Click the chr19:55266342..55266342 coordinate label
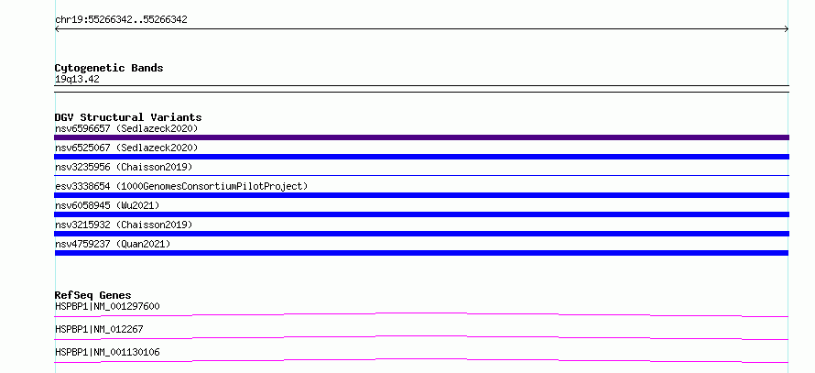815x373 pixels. click(121, 20)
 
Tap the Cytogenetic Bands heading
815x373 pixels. click(109, 68)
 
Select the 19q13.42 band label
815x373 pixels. click(77, 80)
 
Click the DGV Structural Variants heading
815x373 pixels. click(128, 117)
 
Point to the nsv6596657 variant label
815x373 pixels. click(82, 128)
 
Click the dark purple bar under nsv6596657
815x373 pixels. click(421, 137)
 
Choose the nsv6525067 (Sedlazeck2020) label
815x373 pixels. click(126, 148)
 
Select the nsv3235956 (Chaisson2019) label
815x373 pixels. click(124, 167)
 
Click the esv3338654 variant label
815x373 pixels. click(82, 186)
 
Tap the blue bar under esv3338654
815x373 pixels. click(421, 195)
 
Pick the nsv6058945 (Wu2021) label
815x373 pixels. click(107, 205)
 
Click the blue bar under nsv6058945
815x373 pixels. click(421, 214)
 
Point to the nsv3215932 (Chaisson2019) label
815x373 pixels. click(124, 225)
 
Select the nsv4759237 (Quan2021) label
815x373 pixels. click(113, 244)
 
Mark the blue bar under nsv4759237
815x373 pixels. click(421, 253)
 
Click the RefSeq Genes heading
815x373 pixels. click(93, 295)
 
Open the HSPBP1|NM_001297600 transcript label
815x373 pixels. click(107, 306)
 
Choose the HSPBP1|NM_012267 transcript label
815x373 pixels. click(99, 329)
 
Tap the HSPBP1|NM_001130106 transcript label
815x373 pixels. click(107, 352)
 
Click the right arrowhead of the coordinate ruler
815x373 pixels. click(788, 29)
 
